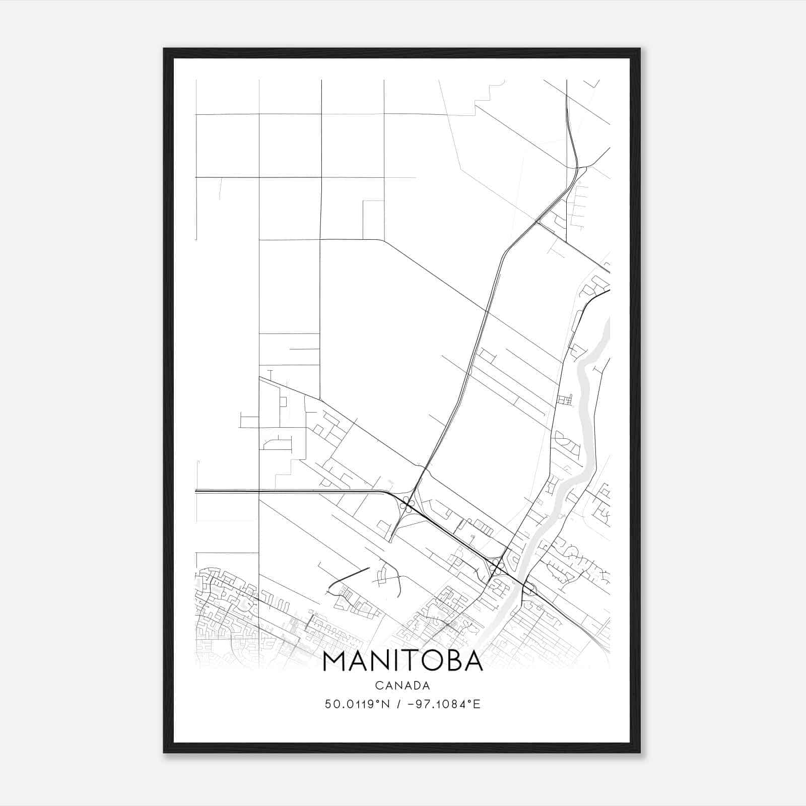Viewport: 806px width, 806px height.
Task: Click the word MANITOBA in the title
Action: tap(402, 661)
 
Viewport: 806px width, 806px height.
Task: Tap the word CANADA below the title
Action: tap(402, 686)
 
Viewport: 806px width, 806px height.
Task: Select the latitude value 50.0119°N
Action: tap(357, 704)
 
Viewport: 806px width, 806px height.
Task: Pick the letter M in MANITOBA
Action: tap(334, 661)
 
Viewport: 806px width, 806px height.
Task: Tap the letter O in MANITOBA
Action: tap(428, 661)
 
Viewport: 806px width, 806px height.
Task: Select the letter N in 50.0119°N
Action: tap(386, 704)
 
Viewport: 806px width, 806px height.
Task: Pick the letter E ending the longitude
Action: tap(477, 704)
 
